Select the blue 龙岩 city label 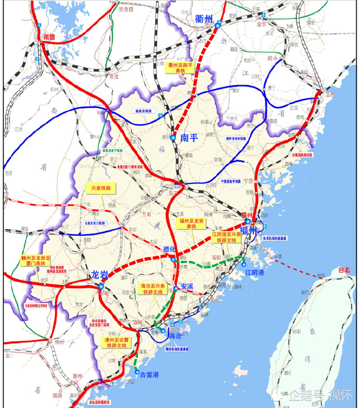click(x=99, y=274)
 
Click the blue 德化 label click(x=170, y=250)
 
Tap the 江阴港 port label click(x=254, y=273)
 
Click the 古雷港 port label click(x=150, y=375)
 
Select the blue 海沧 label click(x=175, y=335)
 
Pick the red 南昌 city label click(x=50, y=38)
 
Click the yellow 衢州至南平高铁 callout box click(x=180, y=68)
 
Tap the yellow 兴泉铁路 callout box click(x=100, y=188)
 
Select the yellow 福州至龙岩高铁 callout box click(x=192, y=223)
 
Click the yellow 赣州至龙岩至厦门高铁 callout click(x=36, y=260)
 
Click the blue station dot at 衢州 click(x=218, y=25)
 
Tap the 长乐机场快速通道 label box click(x=275, y=238)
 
